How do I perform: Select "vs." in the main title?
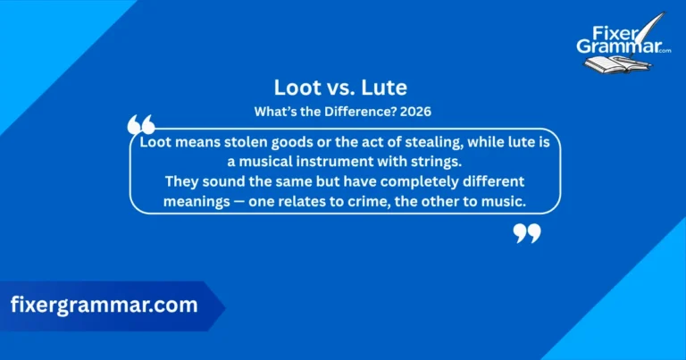point(343,89)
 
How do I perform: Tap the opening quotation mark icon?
point(141,125)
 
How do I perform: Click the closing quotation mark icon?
point(527,233)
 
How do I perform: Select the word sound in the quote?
point(219,182)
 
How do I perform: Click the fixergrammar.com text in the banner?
point(104,306)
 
